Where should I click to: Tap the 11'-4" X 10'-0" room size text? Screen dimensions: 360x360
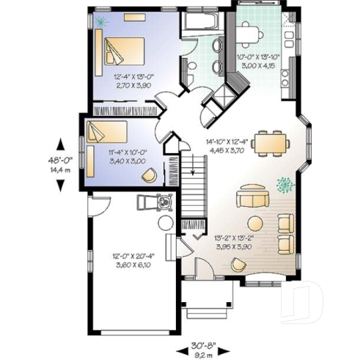(x=107, y=156)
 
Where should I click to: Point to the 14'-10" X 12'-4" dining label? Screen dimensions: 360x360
(x=226, y=145)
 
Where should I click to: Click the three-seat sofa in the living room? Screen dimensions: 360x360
(x=251, y=198)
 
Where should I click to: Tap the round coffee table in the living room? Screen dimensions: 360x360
(x=255, y=223)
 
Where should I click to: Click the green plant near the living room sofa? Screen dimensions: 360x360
(x=282, y=184)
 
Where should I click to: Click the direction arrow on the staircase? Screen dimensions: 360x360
(x=192, y=173)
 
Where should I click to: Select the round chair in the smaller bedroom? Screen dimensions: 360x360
(x=149, y=175)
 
